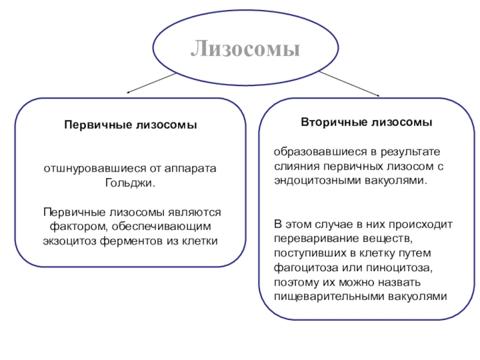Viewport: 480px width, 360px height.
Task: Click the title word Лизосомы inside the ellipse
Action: tap(245, 49)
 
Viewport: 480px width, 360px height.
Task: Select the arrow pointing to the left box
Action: tap(154, 83)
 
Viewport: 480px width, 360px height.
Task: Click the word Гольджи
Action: tap(130, 182)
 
